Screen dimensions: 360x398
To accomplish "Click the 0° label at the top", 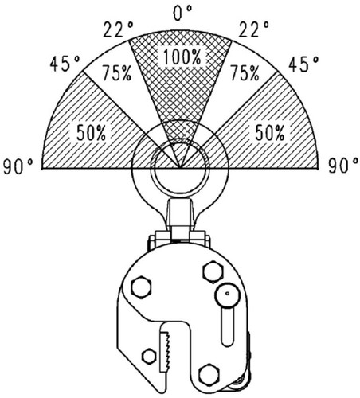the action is pos(182,13).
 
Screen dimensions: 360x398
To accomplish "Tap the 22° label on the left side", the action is pos(118,29).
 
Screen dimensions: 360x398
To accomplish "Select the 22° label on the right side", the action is pos(253,29).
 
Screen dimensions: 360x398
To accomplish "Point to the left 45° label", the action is pos(65,64).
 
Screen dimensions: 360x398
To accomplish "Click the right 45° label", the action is pos(303,64).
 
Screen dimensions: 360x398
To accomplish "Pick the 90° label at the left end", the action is pos(18,166).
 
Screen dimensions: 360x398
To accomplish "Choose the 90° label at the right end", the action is pos(344,166).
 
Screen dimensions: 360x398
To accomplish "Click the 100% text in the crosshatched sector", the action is pos(182,57).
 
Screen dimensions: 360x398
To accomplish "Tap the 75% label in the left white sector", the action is pos(117,72).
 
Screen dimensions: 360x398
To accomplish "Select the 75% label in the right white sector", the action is pos(245,72).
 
